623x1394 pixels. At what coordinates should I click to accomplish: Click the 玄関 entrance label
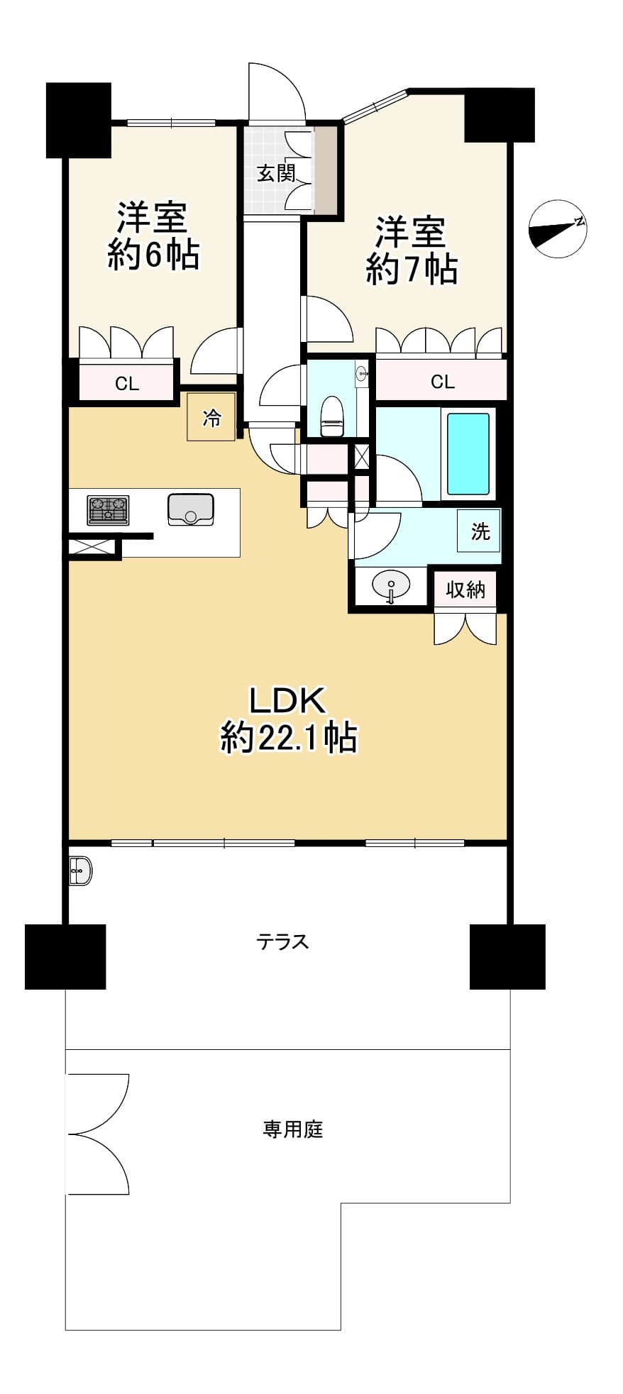coord(276,172)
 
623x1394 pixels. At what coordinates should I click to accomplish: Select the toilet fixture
coord(332,416)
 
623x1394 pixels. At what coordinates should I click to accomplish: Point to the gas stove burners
coord(108,510)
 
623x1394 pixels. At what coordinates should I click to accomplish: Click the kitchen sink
coord(191,509)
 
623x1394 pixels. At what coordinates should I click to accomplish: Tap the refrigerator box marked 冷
coord(211,417)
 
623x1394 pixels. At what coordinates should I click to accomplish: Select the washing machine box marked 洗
coord(480,531)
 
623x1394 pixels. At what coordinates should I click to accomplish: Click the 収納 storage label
coord(465,590)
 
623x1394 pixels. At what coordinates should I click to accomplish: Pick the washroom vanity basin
coord(391,587)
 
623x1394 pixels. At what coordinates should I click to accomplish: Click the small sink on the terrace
coord(80,870)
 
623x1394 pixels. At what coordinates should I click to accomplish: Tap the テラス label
coord(283,941)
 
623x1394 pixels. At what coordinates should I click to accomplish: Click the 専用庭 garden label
coord(293,1129)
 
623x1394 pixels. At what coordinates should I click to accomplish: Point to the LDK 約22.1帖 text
coord(288,719)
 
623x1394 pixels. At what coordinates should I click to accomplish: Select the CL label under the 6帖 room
coord(127,384)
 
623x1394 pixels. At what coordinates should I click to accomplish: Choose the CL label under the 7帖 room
coord(443,382)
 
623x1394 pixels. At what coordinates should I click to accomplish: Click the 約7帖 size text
coord(412,270)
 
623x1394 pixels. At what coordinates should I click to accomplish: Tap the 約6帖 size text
coord(153,255)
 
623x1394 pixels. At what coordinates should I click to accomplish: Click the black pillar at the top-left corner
coord(79,120)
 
